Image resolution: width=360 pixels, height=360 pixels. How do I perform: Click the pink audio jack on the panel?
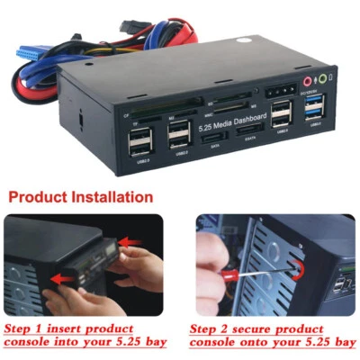point(306,79)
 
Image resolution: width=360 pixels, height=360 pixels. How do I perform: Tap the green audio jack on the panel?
point(323,78)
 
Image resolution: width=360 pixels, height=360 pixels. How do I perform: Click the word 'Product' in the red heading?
point(41,197)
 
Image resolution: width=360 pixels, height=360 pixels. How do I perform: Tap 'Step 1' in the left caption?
point(26,328)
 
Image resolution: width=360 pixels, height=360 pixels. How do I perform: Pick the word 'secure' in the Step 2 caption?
point(269,328)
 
